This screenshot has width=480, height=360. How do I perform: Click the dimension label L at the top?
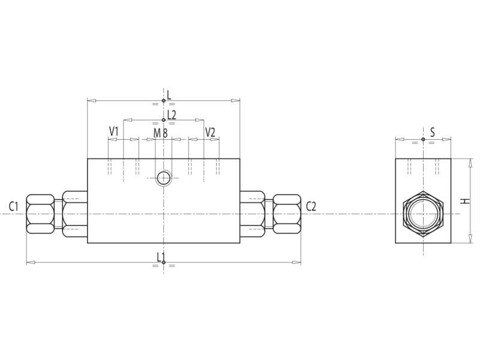[169, 94]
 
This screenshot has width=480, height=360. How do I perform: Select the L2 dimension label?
[171, 115]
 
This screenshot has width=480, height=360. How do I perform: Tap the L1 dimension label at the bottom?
[161, 257]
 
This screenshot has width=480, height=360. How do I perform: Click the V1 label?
[114, 131]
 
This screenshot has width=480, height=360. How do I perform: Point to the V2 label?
[210, 131]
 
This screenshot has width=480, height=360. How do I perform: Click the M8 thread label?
[160, 133]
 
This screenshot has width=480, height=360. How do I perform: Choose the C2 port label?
[311, 207]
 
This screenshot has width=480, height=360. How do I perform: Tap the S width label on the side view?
[432, 132]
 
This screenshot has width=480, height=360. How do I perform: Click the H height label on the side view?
[464, 200]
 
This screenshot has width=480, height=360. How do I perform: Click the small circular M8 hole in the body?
[163, 177]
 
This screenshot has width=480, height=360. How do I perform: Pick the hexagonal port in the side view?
[423, 214]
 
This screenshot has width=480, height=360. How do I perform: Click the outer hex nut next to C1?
[40, 214]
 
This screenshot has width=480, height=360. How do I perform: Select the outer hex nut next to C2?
[287, 214]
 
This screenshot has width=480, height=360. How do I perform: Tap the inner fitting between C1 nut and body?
[74, 214]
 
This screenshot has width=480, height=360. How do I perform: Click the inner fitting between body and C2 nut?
[252, 214]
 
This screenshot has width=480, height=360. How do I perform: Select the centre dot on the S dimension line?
[423, 139]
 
